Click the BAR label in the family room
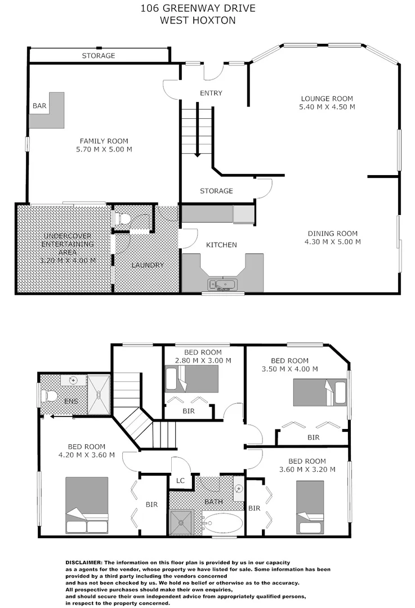(39, 105)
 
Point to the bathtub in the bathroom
(223, 524)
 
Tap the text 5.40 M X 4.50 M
(327, 106)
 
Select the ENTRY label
(211, 93)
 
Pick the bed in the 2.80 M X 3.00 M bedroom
(191, 378)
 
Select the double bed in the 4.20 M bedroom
(87, 505)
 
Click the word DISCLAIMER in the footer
(84, 562)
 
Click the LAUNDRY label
(148, 265)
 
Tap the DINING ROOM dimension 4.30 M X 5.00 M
(332, 242)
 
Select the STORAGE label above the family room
(99, 56)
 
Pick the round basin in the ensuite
(72, 381)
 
